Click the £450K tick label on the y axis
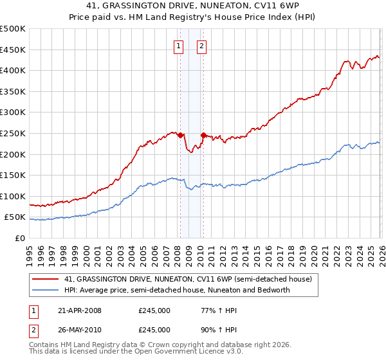[x=13, y=50]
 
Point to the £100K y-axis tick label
[x=13, y=196]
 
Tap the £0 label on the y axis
[x=20, y=238]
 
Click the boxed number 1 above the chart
[x=178, y=46]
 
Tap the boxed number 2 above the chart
[x=201, y=46]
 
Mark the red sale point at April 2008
[x=180, y=136]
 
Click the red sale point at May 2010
[x=204, y=136]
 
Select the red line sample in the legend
[x=46, y=279]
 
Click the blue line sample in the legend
[x=46, y=290]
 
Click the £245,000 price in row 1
[x=154, y=310]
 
